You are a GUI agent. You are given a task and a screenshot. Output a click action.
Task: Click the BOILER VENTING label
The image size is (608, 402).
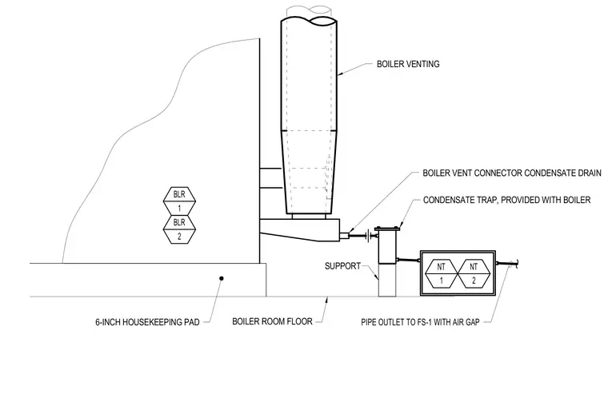pyautogui.click(x=408, y=64)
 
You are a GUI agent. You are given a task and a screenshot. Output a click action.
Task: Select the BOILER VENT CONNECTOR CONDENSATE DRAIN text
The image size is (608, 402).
pyautogui.click(x=512, y=173)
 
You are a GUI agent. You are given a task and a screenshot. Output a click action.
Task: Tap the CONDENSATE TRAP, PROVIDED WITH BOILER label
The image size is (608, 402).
pyautogui.click(x=506, y=200)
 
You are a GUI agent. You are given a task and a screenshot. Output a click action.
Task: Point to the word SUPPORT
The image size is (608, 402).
pyautogui.click(x=342, y=266)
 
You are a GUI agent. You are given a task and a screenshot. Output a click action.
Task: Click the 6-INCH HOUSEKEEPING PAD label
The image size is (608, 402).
pyautogui.click(x=147, y=322)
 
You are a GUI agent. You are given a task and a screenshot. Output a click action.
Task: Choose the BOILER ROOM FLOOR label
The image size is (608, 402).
pyautogui.click(x=272, y=321)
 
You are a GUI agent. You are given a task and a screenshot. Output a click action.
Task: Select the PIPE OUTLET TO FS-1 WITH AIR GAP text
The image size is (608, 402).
pyautogui.click(x=420, y=322)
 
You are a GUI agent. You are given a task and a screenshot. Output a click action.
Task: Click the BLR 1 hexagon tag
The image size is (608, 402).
pyautogui.click(x=179, y=201)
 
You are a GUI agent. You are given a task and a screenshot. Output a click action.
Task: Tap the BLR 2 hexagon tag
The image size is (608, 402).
pyautogui.click(x=179, y=229)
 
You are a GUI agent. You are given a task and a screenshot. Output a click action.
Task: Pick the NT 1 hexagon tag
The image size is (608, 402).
pyautogui.click(x=442, y=273)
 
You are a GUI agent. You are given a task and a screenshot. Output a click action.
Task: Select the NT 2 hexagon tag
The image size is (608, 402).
pyautogui.click(x=474, y=273)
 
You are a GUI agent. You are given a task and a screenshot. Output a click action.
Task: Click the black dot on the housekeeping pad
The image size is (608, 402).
pyautogui.click(x=222, y=278)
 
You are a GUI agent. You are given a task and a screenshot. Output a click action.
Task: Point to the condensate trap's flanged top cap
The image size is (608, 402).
pyautogui.click(x=387, y=229)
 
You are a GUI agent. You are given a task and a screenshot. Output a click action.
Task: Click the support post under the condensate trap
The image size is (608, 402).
pyautogui.click(x=387, y=280)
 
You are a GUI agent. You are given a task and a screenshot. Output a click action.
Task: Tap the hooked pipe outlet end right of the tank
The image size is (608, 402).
pyautogui.click(x=516, y=264)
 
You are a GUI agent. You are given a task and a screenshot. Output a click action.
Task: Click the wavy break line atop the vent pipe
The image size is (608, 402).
pyautogui.click(x=309, y=21)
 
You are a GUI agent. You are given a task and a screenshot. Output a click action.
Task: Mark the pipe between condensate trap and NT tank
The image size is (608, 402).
pyautogui.click(x=408, y=260)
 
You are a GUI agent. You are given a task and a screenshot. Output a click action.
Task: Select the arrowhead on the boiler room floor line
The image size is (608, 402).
pyautogui.click(x=327, y=301)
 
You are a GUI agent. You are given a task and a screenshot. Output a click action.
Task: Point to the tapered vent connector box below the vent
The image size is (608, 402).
pyautogui.click(x=300, y=230)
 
